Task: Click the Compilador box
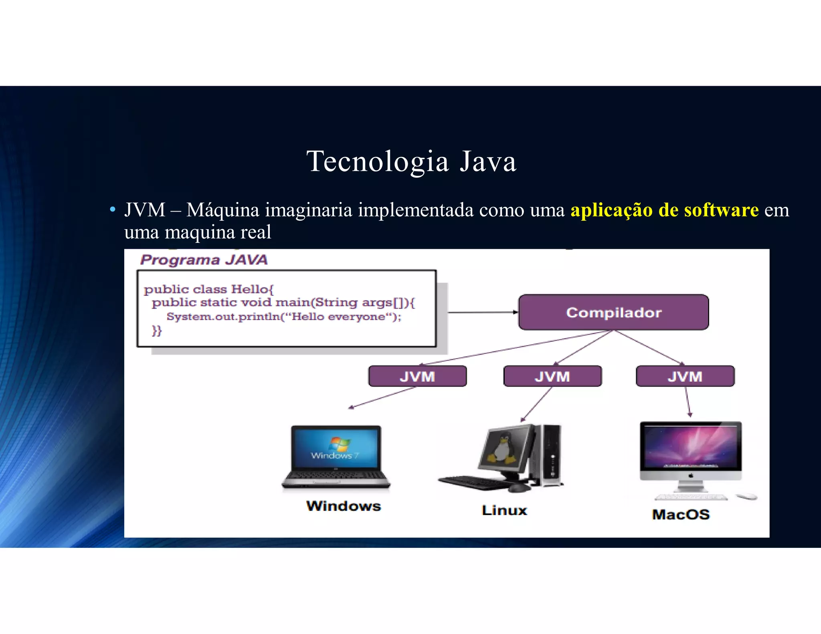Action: [613, 312]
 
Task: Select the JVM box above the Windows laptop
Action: [417, 376]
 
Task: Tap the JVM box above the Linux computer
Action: [552, 376]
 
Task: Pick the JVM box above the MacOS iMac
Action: [685, 376]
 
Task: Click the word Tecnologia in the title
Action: [377, 162]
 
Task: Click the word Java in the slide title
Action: [488, 162]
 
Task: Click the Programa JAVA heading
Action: [204, 260]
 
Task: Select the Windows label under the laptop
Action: [344, 506]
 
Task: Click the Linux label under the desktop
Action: [504, 510]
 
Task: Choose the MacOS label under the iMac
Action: [681, 514]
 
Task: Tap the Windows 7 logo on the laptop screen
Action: [339, 444]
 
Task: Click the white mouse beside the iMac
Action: [747, 497]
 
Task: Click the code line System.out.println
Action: [284, 317]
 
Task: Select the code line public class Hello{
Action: [208, 289]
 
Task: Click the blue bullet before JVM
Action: [113, 210]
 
